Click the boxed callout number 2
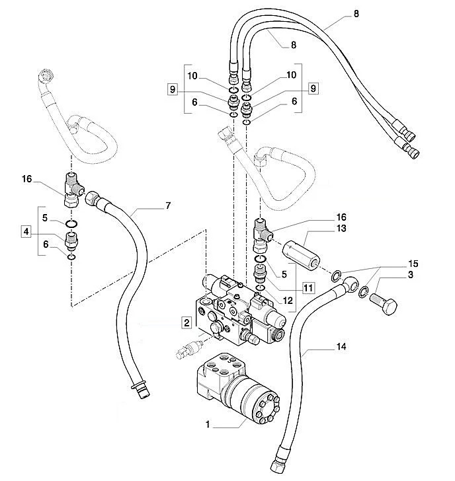coord(186,322)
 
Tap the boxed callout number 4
coord(26,231)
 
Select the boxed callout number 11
coord(308,288)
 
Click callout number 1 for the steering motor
coord(208,424)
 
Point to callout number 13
coord(341,228)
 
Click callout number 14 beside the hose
coord(341,347)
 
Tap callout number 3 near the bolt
coord(411,275)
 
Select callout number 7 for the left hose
coord(168,205)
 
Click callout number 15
coord(413,264)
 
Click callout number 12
coord(288,301)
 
